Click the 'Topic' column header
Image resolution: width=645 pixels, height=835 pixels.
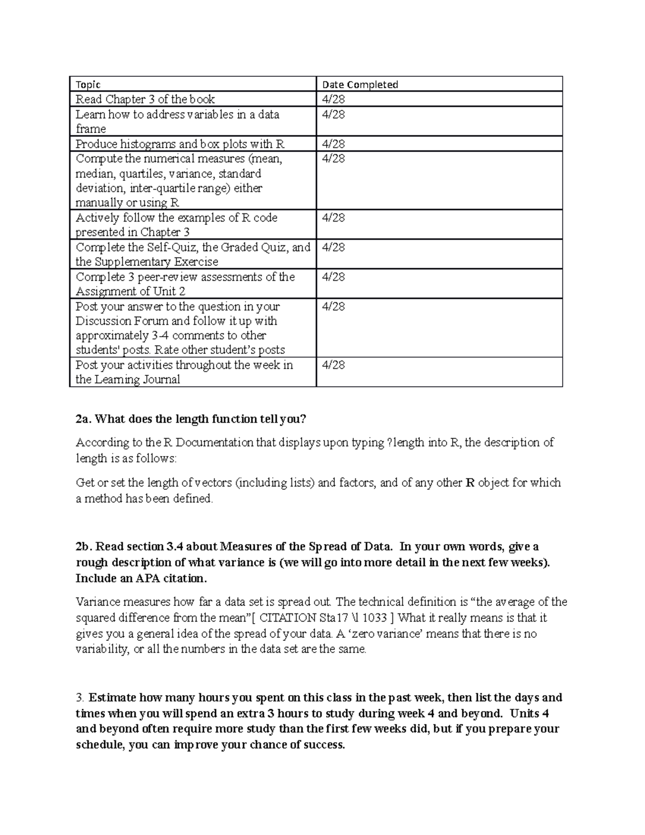(x=88, y=84)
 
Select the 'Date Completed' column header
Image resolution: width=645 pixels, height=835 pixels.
(x=360, y=84)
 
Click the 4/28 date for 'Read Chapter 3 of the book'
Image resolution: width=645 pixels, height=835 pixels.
(x=333, y=99)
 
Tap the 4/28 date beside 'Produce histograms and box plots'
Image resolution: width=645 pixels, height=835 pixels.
(x=333, y=144)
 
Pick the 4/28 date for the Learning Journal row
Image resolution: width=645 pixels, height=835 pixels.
(x=333, y=365)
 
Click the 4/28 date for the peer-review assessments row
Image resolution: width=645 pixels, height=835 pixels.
(x=333, y=277)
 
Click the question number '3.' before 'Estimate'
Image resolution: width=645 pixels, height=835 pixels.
(x=80, y=698)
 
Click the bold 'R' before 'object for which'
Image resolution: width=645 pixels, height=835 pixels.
(x=470, y=483)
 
